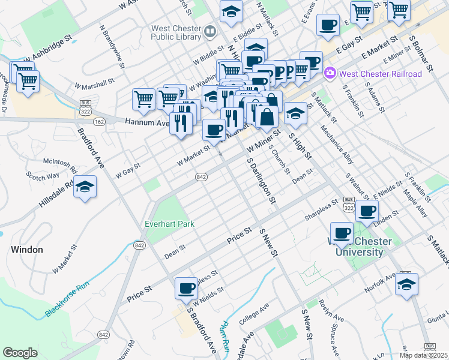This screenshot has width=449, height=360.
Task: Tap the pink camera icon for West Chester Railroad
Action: [x=330, y=74]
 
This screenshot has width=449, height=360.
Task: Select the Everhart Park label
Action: [x=170, y=224]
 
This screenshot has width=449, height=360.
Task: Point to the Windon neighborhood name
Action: [x=26, y=249]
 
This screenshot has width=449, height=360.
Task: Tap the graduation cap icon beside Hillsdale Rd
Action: [x=86, y=187]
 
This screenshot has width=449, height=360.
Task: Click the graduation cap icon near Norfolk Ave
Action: [x=407, y=284]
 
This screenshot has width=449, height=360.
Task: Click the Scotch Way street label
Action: [x=43, y=176]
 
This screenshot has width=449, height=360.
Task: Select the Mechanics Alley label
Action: [x=337, y=145]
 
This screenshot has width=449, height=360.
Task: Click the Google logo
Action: [x=20, y=353]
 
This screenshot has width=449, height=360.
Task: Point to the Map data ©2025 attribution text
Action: [x=423, y=355]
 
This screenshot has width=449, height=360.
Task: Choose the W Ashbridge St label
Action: [x=48, y=55]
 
